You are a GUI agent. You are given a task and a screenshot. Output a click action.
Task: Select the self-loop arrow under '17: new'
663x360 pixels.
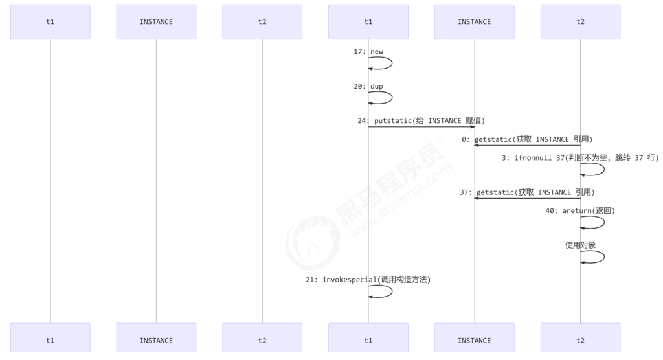point(390,63)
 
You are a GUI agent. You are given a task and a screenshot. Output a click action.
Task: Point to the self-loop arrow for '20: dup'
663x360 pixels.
point(390,98)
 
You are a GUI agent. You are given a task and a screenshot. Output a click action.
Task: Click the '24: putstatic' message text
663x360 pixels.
point(421,120)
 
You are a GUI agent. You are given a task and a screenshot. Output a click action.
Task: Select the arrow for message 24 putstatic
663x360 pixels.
point(421,127)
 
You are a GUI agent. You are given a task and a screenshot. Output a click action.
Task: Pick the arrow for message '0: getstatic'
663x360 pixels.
point(527,146)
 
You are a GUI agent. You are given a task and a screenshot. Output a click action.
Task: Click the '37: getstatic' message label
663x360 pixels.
point(527,192)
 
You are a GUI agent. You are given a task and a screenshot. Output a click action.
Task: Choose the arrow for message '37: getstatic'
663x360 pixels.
point(527,199)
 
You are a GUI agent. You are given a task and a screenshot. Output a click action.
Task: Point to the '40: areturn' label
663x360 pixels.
point(579,210)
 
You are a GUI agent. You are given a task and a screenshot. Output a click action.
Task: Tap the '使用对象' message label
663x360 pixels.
point(580,245)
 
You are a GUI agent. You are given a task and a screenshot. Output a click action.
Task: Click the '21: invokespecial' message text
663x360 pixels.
point(368,280)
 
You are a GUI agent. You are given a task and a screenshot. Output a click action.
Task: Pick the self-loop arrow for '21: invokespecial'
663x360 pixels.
point(390,291)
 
